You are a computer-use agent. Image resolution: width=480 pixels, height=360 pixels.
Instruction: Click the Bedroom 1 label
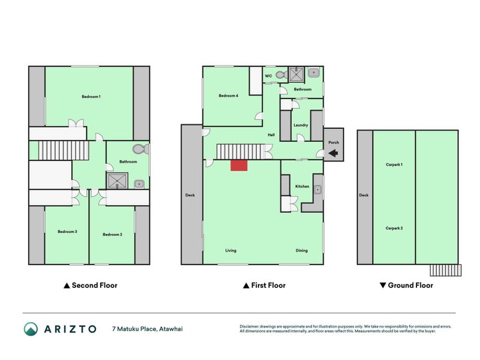91,97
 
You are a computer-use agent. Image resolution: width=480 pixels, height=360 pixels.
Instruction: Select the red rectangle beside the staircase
239,165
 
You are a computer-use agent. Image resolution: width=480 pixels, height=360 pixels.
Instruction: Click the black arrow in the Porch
334,154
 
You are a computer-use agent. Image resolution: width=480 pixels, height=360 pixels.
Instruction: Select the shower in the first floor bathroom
296,74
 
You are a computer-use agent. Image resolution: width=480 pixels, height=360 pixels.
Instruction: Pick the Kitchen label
302,187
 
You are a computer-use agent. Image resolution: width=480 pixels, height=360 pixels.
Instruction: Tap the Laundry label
301,125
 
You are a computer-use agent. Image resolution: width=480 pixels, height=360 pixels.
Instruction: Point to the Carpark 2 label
394,228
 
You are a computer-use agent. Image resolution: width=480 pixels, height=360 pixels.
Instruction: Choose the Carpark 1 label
394,164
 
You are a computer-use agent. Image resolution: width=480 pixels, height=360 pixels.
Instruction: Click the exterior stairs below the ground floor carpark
445,270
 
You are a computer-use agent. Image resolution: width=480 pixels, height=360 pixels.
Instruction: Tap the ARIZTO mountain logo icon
31,329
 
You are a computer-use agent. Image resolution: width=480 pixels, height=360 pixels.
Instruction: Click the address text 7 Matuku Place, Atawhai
147,329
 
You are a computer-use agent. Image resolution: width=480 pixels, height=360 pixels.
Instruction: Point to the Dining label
302,250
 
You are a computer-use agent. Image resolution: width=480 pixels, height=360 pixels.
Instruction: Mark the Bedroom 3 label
67,232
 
